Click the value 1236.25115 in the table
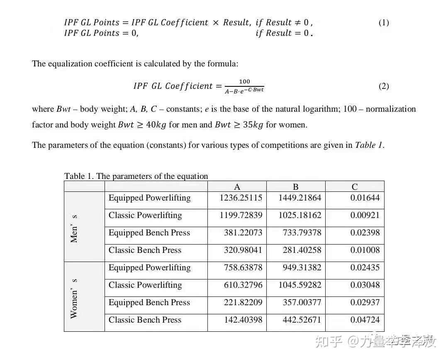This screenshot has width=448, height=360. point(241,198)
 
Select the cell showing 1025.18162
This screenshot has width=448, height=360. point(300,216)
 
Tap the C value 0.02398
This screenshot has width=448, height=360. point(365,233)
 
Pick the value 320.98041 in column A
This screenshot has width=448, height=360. point(243,250)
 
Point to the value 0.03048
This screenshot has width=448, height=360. point(365,285)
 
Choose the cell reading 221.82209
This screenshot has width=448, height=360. point(243,303)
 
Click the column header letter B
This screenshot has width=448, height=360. point(296,187)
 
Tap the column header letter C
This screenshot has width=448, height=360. point(355,187)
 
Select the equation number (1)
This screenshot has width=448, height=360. point(384,23)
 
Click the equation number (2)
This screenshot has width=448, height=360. point(384,86)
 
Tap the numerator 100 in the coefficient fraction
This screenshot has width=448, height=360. point(245,82)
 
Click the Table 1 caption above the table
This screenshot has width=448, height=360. point(136,176)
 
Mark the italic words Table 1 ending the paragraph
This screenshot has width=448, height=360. point(368,145)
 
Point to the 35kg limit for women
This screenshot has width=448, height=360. point(239,125)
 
